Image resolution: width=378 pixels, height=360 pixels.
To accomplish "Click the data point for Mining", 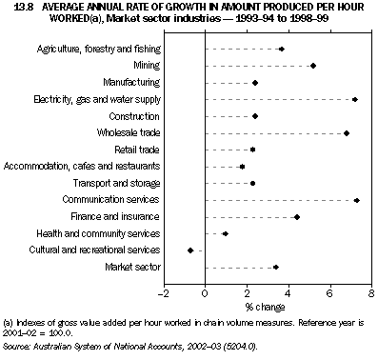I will [x=313, y=66].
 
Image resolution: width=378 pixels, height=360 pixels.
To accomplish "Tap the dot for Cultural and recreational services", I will [x=190, y=250].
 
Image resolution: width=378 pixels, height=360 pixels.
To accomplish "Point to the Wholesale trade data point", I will [x=347, y=132].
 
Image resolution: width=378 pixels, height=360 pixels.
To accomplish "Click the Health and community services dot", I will [x=225, y=233].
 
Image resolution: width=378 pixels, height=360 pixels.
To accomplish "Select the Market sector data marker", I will [x=276, y=268].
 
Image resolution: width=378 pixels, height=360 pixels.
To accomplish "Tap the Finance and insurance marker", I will [x=297, y=217].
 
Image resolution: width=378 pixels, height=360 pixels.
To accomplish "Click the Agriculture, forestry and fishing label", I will [x=98, y=49].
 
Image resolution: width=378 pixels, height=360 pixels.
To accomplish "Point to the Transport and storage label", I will [x=118, y=183].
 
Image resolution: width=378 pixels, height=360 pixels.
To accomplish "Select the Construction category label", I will [x=134, y=116].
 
